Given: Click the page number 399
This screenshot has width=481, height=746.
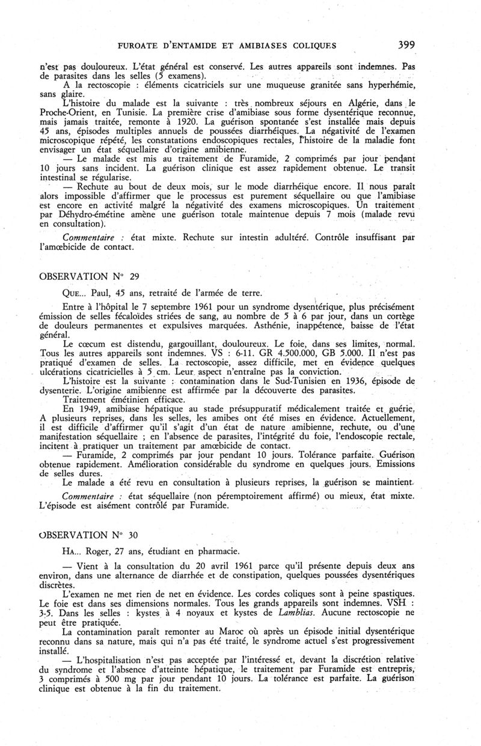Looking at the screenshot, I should tap(406, 44).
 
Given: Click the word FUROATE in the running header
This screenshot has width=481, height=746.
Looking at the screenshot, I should tap(142, 45).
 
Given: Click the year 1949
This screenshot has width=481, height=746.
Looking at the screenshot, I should tap(87, 408).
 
